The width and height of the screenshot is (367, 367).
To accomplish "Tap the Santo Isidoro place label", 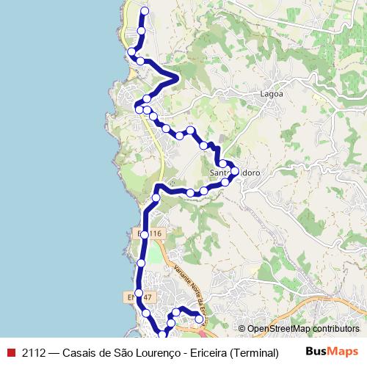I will coord(235,173).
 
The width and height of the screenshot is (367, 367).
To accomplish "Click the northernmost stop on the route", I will coord(144,11).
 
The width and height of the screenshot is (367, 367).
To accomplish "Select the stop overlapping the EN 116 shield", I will coord(145,234).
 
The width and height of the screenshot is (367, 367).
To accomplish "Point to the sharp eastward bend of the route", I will coord(176,76).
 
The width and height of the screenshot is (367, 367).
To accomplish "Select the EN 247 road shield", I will coord(139,297).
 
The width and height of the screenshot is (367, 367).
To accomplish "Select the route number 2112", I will coord(34,352).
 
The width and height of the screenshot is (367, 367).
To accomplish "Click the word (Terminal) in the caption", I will coord(254,352).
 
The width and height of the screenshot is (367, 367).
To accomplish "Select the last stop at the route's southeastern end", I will coord(199,319).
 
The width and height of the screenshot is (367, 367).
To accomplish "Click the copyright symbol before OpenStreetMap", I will coord(241,329).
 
